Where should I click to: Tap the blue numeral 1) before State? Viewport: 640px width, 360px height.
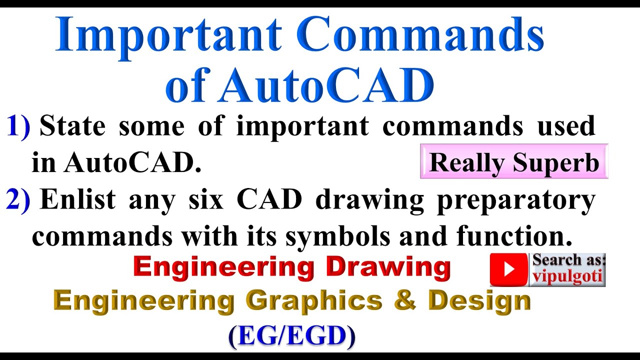point(18,126)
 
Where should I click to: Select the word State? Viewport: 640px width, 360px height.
point(72,126)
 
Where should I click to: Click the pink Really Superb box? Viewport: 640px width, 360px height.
point(514,162)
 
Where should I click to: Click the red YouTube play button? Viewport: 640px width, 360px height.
point(508,269)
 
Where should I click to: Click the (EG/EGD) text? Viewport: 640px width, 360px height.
point(291,336)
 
